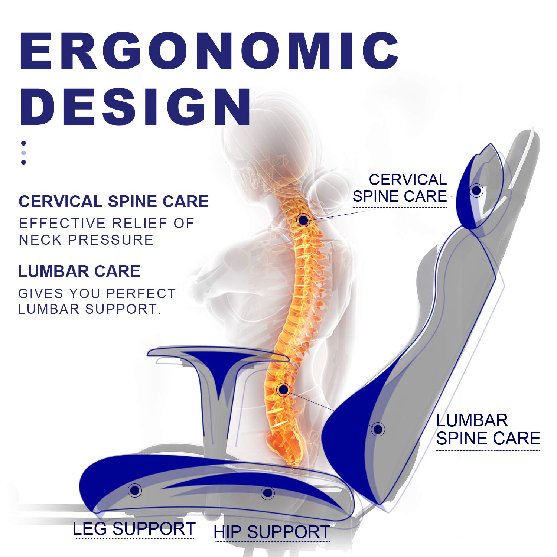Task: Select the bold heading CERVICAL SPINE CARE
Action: pos(113,202)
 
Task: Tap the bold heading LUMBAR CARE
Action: pos(79,271)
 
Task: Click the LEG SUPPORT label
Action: pos(134,529)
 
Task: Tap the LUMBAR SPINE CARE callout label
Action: pos(488,430)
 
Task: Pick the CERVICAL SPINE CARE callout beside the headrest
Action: pos(400,188)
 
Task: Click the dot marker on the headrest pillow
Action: pos(476,190)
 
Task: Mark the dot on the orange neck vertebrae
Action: pos(303,220)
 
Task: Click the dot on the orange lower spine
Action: pos(283,390)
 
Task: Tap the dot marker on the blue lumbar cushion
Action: pos(378,429)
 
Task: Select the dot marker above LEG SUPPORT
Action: pos(135,491)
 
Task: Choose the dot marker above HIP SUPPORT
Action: pos(267,493)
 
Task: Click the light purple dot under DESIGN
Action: pos(24,153)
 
